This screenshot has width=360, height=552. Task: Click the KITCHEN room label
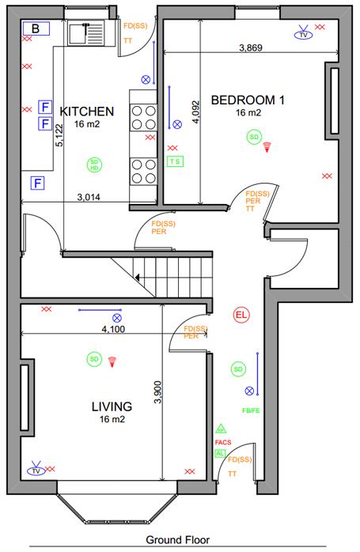pyautogui.click(x=87, y=111)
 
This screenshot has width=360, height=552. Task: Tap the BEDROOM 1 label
pyautogui.click(x=248, y=100)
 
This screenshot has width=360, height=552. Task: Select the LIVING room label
pyautogui.click(x=111, y=406)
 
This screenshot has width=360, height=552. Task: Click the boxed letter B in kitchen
pyautogui.click(x=36, y=29)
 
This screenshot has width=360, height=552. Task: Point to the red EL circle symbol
pyautogui.click(x=241, y=316)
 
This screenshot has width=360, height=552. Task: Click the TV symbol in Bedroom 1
pyautogui.click(x=301, y=34)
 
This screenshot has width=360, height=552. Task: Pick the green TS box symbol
pyautogui.click(x=175, y=161)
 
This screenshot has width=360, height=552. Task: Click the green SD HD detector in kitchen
pyautogui.click(x=94, y=166)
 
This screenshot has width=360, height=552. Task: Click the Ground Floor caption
pyautogui.click(x=177, y=540)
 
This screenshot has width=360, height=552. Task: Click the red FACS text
pyautogui.click(x=222, y=442)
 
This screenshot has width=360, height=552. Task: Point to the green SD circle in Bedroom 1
pyautogui.click(x=254, y=138)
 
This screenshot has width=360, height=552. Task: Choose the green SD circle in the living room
pyautogui.click(x=94, y=360)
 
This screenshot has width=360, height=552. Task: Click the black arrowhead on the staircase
pyautogui.click(x=139, y=278)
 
